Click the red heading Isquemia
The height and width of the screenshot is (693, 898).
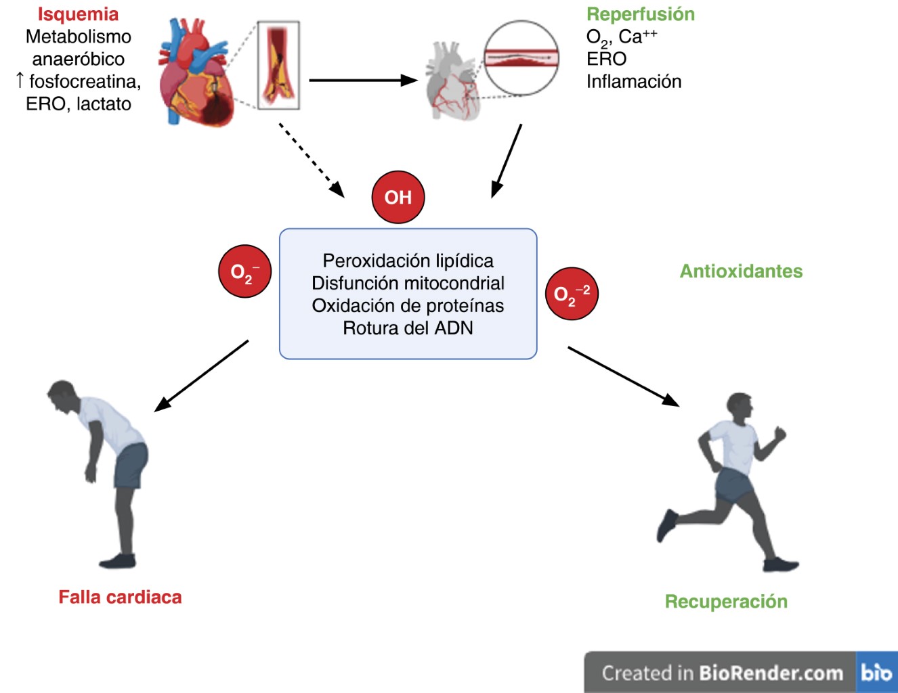(78, 14)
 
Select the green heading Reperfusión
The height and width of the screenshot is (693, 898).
(640, 14)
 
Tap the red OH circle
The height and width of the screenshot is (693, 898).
(398, 197)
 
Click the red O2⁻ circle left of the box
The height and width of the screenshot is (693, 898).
(244, 271)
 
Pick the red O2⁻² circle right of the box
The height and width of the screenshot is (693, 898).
(572, 294)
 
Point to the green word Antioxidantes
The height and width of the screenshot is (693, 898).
(741, 271)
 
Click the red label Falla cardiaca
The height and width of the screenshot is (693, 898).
(120, 597)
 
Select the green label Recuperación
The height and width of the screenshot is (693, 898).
(726, 602)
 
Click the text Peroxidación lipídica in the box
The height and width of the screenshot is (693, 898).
(408, 261)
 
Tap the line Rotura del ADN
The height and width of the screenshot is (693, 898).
(408, 328)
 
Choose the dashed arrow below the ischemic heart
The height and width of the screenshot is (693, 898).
(311, 160)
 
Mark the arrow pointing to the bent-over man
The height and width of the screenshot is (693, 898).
(201, 376)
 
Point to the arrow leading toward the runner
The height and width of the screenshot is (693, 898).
(623, 376)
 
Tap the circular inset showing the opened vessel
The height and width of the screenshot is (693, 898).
(521, 58)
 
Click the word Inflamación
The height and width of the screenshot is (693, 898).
(634, 81)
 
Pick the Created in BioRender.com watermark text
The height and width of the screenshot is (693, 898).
(722, 673)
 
